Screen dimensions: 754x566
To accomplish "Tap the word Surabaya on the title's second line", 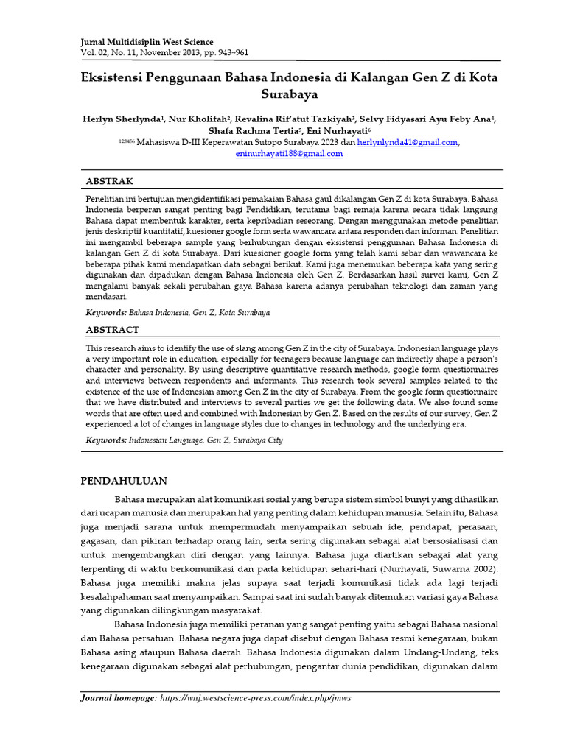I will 289,94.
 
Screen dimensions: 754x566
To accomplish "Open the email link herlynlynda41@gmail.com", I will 407,142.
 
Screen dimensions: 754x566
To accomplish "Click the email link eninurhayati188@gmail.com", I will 289,154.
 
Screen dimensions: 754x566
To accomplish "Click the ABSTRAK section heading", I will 111,180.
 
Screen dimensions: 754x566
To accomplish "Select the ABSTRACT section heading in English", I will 113,330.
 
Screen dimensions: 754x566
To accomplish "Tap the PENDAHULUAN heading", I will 124,481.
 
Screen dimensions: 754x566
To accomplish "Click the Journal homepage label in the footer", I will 118,697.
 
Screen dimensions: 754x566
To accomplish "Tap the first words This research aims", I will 123,347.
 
